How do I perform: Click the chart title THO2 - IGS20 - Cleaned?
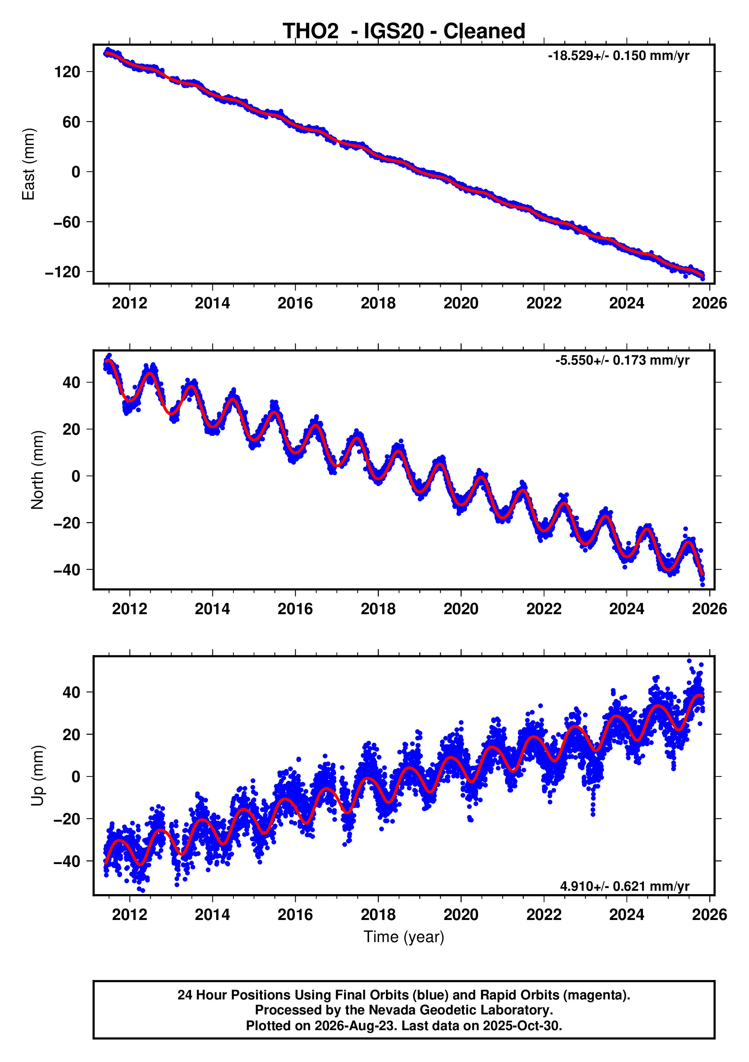(404, 31)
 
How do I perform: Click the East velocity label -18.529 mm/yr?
(619, 56)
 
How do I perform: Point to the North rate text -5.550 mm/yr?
(622, 360)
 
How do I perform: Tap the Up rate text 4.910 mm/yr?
(625, 886)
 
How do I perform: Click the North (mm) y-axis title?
(37, 470)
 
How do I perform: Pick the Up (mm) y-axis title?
(37, 776)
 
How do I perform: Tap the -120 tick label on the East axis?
(63, 272)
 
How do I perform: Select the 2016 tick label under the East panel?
(295, 304)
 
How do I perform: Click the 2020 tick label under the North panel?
(461, 609)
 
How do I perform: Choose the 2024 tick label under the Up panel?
(626, 915)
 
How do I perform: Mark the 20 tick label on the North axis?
(72, 429)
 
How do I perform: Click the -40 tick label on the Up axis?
(67, 861)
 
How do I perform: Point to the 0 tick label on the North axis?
(76, 476)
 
